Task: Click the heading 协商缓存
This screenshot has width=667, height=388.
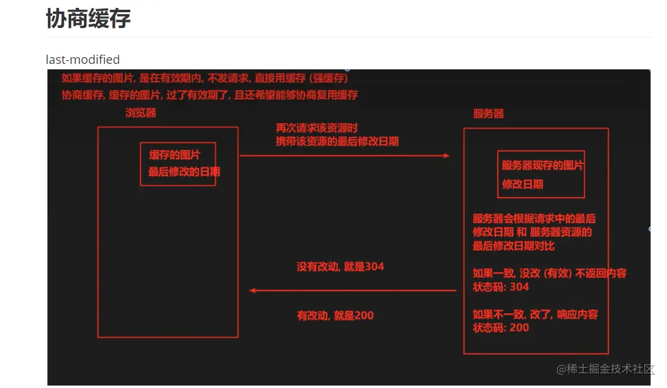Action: pyautogui.click(x=88, y=19)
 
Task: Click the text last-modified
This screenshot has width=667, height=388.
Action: pyautogui.click(x=83, y=60)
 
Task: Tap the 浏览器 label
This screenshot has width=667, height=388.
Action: pyautogui.click(x=141, y=113)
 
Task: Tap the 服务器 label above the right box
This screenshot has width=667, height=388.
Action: pyautogui.click(x=488, y=114)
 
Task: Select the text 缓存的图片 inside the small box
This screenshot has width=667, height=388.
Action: pyautogui.click(x=175, y=155)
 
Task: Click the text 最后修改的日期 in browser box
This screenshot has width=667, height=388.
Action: pyautogui.click(x=184, y=171)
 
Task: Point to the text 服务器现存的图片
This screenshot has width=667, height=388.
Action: pyautogui.click(x=542, y=165)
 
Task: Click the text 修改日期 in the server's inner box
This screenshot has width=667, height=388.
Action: pyautogui.click(x=522, y=184)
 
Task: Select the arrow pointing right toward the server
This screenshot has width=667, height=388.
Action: pyautogui.click(x=345, y=156)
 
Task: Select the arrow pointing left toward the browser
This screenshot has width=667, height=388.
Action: pyautogui.click(x=353, y=291)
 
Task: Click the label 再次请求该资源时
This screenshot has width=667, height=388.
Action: pyautogui.click(x=316, y=128)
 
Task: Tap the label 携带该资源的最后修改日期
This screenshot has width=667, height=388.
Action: pyautogui.click(x=337, y=141)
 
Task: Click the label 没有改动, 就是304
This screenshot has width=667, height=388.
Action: pyautogui.click(x=340, y=266)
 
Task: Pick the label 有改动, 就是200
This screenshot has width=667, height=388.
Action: pyautogui.click(x=335, y=316)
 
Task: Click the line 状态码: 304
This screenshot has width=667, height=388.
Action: pyautogui.click(x=500, y=287)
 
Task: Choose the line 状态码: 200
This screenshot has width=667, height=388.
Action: pyautogui.click(x=500, y=328)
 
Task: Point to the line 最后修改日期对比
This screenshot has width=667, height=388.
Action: pyautogui.click(x=513, y=246)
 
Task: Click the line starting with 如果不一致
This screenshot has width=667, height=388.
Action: pyautogui.click(x=535, y=314)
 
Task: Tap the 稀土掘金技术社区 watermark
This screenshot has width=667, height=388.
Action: pyautogui.click(x=605, y=369)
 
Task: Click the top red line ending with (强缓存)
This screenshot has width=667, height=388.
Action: pyautogui.click(x=205, y=78)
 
